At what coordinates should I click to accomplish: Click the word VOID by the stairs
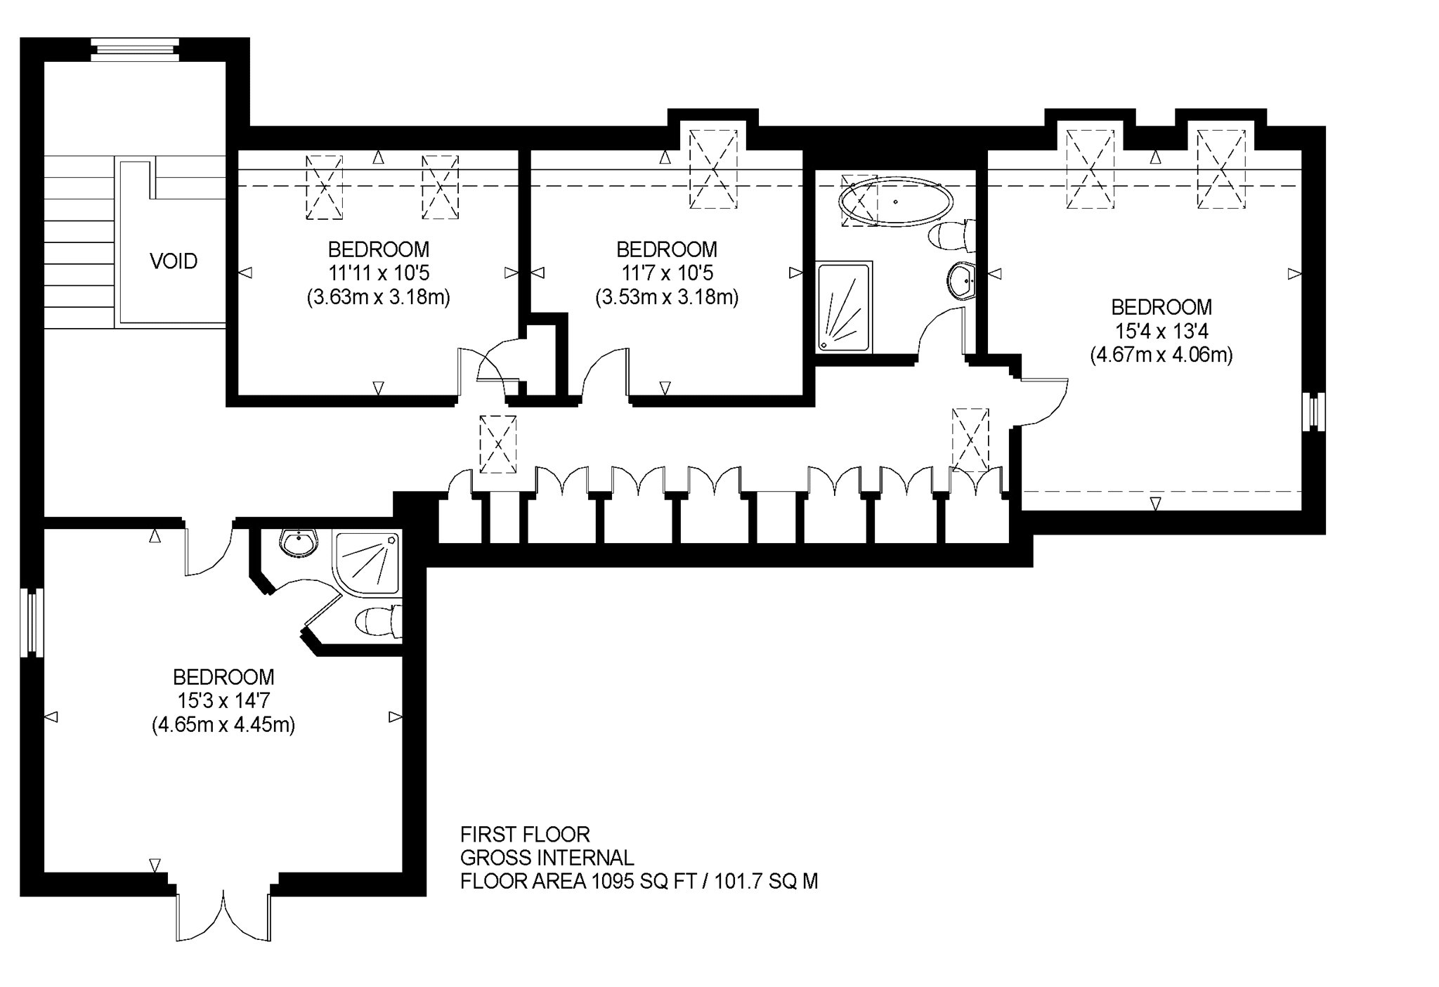(x=174, y=261)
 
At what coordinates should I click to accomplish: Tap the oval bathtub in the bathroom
(x=896, y=202)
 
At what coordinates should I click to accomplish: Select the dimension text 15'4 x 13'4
(x=1161, y=331)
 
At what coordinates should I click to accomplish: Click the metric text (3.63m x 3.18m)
(x=379, y=297)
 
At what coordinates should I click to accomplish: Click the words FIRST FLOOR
(x=525, y=835)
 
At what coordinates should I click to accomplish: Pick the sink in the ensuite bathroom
(x=299, y=542)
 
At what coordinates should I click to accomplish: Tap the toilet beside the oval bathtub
(x=952, y=235)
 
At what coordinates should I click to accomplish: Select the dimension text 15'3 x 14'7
(x=223, y=701)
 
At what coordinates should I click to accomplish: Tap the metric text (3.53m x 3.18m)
(x=667, y=297)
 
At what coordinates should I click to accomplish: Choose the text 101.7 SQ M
(x=766, y=881)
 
